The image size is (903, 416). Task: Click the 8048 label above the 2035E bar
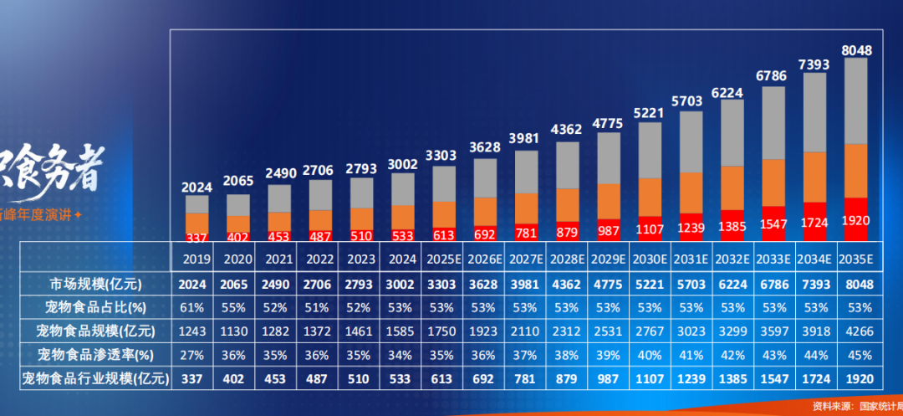click(856, 50)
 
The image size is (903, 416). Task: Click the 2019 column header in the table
click(197, 259)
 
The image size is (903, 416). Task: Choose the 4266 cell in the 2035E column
click(856, 331)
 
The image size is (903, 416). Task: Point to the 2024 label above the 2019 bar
click(197, 187)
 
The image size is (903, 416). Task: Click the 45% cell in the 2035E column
click(856, 355)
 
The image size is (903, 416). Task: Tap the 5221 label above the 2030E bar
click(649, 113)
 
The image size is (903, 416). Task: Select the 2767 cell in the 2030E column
click(649, 331)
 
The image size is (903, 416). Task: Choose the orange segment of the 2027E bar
click(526, 208)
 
